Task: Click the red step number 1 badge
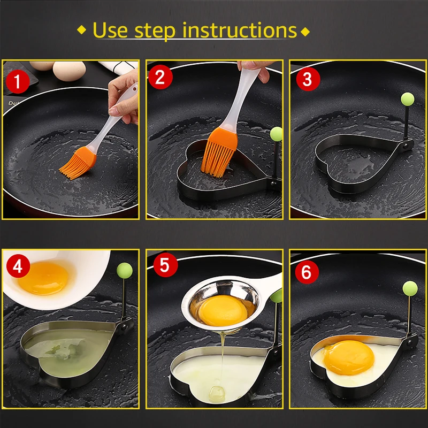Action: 18,82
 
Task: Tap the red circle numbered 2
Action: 160,77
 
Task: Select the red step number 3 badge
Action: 308,79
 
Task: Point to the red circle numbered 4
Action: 18,266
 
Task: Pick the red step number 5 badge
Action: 165,265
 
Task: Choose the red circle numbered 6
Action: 307,272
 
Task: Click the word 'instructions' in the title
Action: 239,30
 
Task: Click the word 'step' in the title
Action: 155,32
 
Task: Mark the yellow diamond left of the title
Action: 82,29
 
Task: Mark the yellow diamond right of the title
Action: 305,32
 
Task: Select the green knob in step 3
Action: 408,99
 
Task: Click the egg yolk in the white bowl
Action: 44,278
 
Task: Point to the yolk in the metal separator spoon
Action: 224,310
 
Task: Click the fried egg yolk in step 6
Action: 349,357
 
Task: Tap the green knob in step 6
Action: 410,288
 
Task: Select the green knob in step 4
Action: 125,271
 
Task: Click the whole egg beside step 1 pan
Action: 70,71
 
